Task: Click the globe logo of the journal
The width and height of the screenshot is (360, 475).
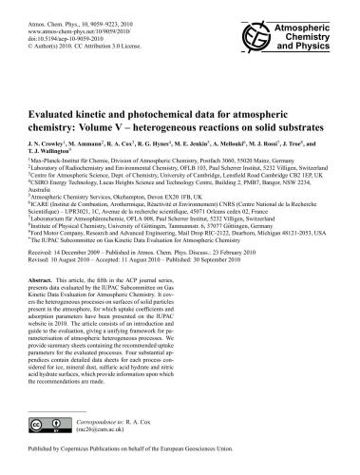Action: coord(262,23)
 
